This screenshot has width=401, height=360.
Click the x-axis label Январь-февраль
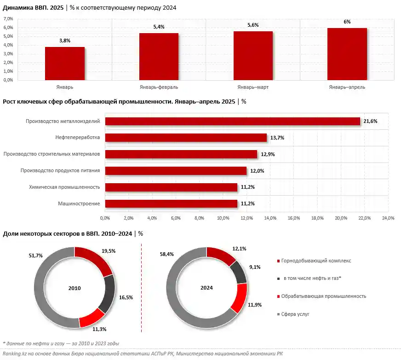click(159, 87)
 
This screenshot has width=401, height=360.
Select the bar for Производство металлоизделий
click(232, 121)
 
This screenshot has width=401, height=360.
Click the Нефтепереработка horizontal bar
click(186, 138)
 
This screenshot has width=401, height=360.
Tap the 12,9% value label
click(268, 154)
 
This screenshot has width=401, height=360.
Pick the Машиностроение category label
click(79, 203)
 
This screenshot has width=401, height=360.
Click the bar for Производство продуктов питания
click(176, 171)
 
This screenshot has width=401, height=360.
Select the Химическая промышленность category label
click(68, 187)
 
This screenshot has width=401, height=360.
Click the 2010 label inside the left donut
click(74, 288)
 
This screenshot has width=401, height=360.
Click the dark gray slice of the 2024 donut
click(239, 271)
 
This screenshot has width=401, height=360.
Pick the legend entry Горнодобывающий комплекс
click(317, 261)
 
